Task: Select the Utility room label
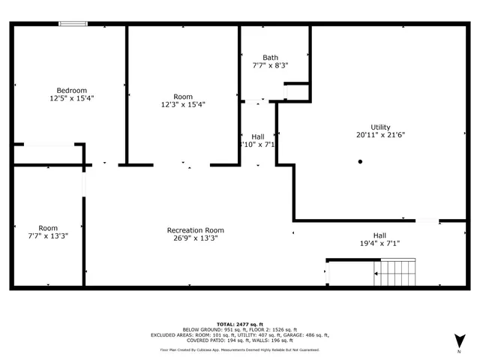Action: coord(380,127)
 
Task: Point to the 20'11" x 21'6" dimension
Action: coord(380,136)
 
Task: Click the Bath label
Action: coord(270,58)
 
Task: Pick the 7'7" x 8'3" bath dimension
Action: coord(270,66)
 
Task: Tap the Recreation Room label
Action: coord(195,230)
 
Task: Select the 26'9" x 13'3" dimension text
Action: coord(195,238)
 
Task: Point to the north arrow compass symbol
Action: coord(459,340)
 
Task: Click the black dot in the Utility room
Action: coord(360,161)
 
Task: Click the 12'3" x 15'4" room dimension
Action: coord(183,105)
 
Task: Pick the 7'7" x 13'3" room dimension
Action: coord(48,237)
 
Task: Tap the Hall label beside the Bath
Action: coord(258,136)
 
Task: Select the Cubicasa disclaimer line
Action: coord(239,349)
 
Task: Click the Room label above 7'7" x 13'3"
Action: coord(48,228)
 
